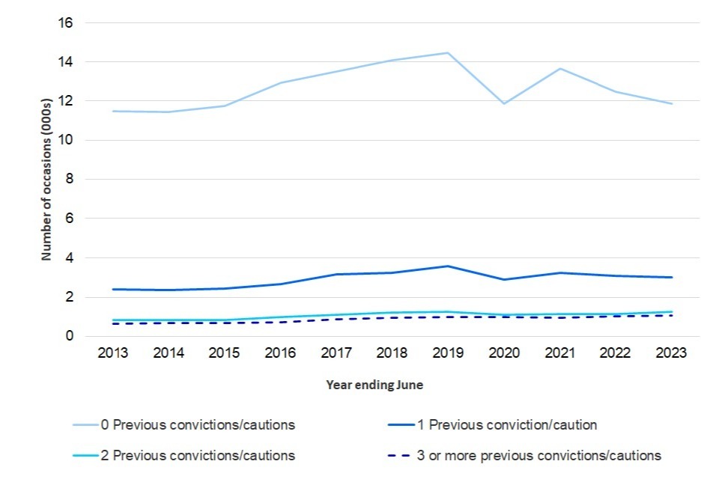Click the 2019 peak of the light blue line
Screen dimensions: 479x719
(x=447, y=52)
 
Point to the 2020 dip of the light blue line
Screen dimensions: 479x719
(x=503, y=103)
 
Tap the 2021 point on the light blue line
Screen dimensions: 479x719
(x=559, y=69)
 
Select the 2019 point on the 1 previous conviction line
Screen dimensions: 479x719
(x=447, y=266)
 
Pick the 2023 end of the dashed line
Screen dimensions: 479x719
(x=671, y=315)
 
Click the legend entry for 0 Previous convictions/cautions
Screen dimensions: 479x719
(x=198, y=425)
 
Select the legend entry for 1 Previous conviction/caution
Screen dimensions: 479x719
(x=506, y=425)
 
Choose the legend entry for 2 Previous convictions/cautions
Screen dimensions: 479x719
(x=198, y=455)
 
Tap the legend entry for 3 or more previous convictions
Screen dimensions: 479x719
(x=539, y=455)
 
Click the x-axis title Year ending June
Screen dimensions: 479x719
(x=374, y=385)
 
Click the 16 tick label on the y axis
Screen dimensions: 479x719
(x=66, y=22)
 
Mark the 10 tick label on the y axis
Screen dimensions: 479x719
(x=66, y=140)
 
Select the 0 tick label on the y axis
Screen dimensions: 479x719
(x=69, y=336)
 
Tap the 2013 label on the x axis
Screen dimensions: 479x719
(x=112, y=354)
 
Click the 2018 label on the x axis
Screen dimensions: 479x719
(x=392, y=354)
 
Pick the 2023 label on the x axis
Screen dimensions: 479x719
(x=671, y=354)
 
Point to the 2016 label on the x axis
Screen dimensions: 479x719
(x=280, y=354)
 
